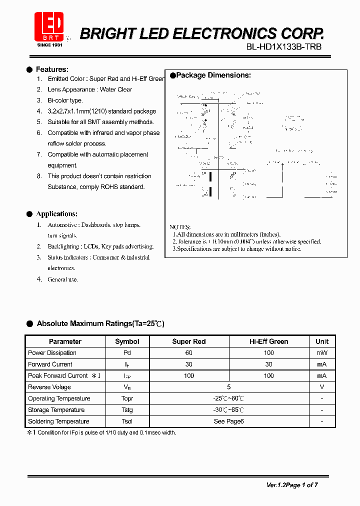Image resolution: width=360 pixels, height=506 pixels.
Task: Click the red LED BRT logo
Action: click(x=49, y=26)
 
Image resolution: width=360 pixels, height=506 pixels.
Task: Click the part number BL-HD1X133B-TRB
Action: click(x=284, y=47)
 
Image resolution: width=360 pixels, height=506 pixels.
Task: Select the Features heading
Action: click(x=52, y=69)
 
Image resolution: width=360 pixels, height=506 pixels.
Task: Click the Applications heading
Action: click(x=56, y=214)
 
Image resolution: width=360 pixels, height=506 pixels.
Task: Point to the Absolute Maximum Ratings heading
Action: click(x=100, y=323)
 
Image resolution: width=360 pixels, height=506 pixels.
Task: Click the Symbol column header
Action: click(x=127, y=341)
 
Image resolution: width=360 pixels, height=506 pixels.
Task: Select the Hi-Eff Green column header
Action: click(x=268, y=341)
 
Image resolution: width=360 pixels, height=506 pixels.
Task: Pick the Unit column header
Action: click(x=322, y=341)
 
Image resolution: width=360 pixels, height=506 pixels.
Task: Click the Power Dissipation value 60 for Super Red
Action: click(x=188, y=353)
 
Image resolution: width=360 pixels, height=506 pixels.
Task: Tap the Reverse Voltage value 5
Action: click(x=228, y=387)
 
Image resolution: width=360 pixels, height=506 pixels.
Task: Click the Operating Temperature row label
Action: click(x=59, y=398)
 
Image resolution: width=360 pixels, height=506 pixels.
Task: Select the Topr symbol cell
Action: click(x=127, y=398)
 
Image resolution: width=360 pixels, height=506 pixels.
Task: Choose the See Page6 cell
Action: click(x=228, y=421)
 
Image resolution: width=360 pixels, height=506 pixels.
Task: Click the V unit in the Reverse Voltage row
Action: click(x=322, y=387)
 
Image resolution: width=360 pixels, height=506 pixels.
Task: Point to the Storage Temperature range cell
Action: click(x=228, y=410)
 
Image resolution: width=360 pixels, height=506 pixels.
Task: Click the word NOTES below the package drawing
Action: click(x=180, y=227)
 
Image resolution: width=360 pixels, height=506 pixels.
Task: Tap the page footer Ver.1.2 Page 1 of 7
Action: click(x=292, y=484)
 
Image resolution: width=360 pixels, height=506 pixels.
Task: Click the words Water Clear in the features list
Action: click(x=116, y=89)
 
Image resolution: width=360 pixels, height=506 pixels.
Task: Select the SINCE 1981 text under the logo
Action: click(x=50, y=44)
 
